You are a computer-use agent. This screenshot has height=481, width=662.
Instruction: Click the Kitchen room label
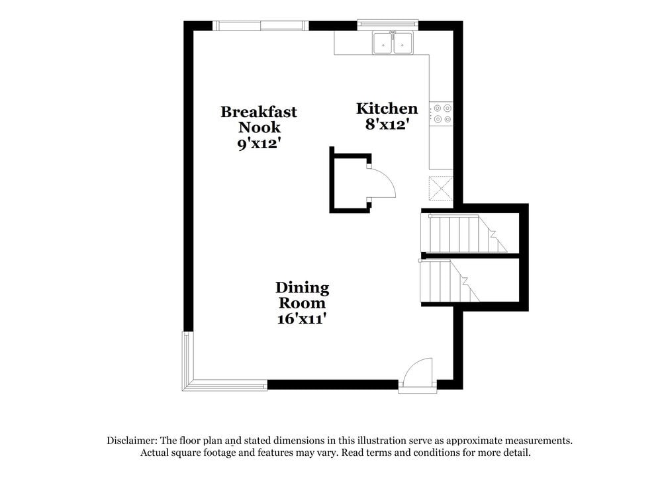pos(387,109)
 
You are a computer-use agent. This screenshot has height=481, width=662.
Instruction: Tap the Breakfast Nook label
pos(259,119)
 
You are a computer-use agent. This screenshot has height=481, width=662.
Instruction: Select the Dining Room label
pos(302,295)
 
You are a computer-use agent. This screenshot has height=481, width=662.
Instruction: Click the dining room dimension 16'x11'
pos(302,319)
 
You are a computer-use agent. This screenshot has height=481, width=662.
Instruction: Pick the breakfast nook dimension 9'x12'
pos(260,144)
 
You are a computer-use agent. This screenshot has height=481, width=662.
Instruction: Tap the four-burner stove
pos(442,114)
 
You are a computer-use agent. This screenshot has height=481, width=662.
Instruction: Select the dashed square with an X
pos(441,187)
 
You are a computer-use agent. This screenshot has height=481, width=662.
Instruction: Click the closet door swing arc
pos(383,183)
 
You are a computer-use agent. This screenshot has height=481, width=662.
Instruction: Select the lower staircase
pos(450,281)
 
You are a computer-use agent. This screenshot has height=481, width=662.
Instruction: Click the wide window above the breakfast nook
pos(260,26)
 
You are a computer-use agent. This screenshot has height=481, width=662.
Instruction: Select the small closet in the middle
pos(348,183)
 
